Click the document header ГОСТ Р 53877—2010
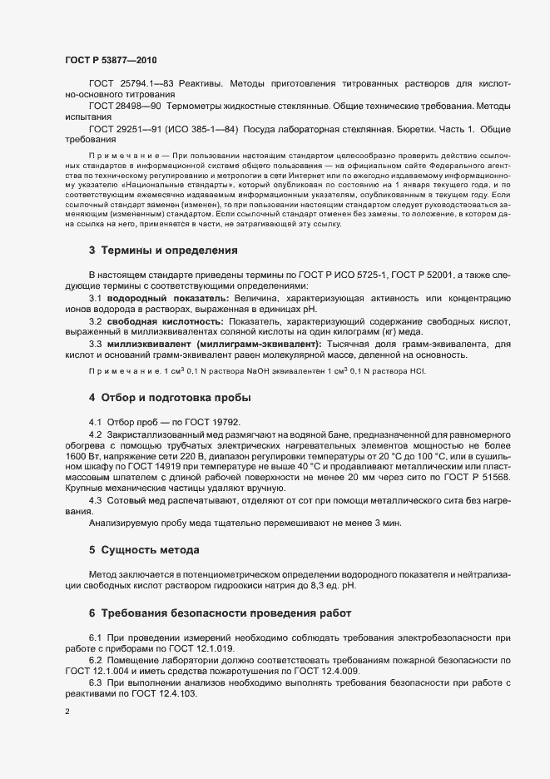110,60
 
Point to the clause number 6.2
96,660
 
